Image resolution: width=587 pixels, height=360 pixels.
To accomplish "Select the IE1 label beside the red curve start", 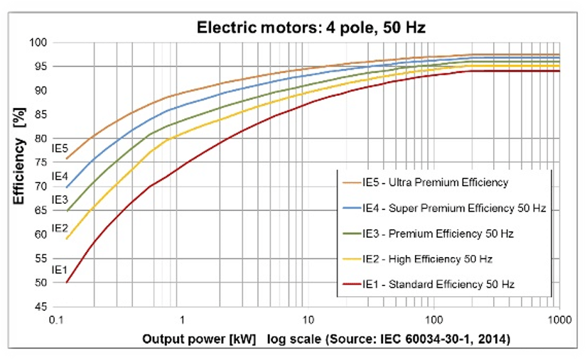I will click(60, 270).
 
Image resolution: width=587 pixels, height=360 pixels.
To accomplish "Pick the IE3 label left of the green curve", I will click(60, 201).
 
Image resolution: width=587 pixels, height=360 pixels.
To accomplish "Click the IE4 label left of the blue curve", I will click(60, 176).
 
